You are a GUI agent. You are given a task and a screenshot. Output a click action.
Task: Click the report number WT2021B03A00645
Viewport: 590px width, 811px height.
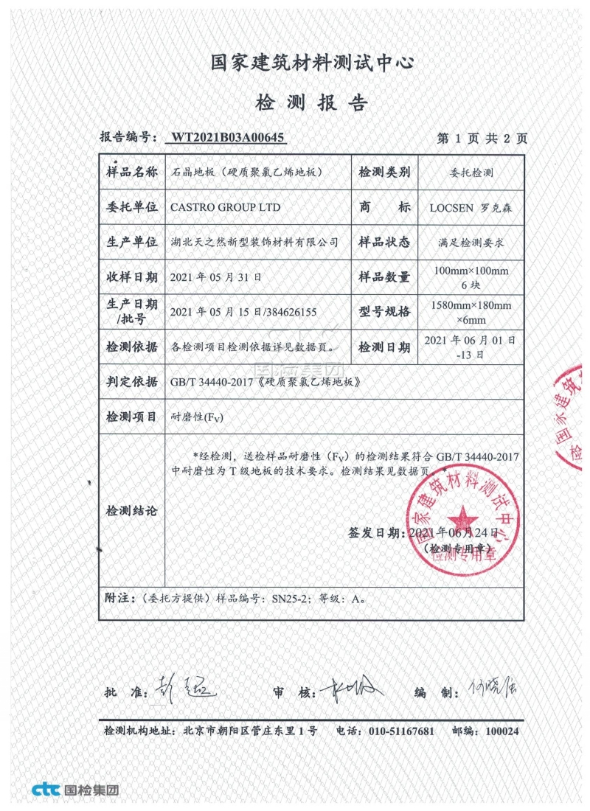227,137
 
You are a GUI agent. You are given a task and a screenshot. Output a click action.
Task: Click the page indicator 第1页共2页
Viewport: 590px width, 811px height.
482,138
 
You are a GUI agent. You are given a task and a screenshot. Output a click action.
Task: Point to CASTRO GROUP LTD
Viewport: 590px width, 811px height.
225,207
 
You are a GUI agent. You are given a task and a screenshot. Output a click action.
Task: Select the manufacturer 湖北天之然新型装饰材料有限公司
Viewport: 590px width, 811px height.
254,242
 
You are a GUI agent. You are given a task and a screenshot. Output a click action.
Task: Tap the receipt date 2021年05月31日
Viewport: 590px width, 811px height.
215,277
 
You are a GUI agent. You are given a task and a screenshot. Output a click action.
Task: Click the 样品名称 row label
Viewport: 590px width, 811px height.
132,173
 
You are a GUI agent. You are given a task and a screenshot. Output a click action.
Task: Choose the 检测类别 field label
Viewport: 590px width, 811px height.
383,173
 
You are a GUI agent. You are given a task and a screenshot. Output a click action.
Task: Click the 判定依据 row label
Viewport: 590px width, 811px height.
132,382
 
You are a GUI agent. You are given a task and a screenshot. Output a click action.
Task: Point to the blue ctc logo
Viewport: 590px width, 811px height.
47,790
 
